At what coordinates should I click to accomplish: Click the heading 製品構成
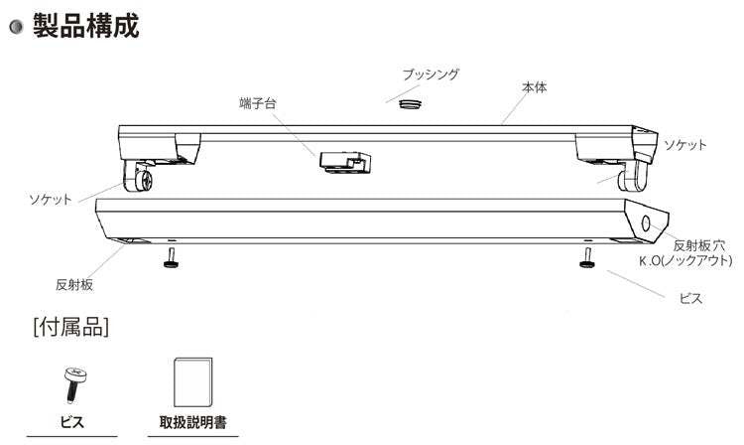[x=85, y=25]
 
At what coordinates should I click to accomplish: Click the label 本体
[x=535, y=87]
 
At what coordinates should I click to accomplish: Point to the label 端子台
[x=256, y=103]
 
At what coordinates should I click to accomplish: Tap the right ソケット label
[x=685, y=145]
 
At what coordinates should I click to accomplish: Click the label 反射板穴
[x=700, y=244]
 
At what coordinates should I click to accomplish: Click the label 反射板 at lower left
[x=74, y=284]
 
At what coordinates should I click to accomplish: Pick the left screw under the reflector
[x=172, y=259]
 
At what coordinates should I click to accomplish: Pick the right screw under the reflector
[x=588, y=259]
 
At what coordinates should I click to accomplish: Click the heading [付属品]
[x=70, y=325]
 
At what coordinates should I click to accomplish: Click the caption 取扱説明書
[x=191, y=422]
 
